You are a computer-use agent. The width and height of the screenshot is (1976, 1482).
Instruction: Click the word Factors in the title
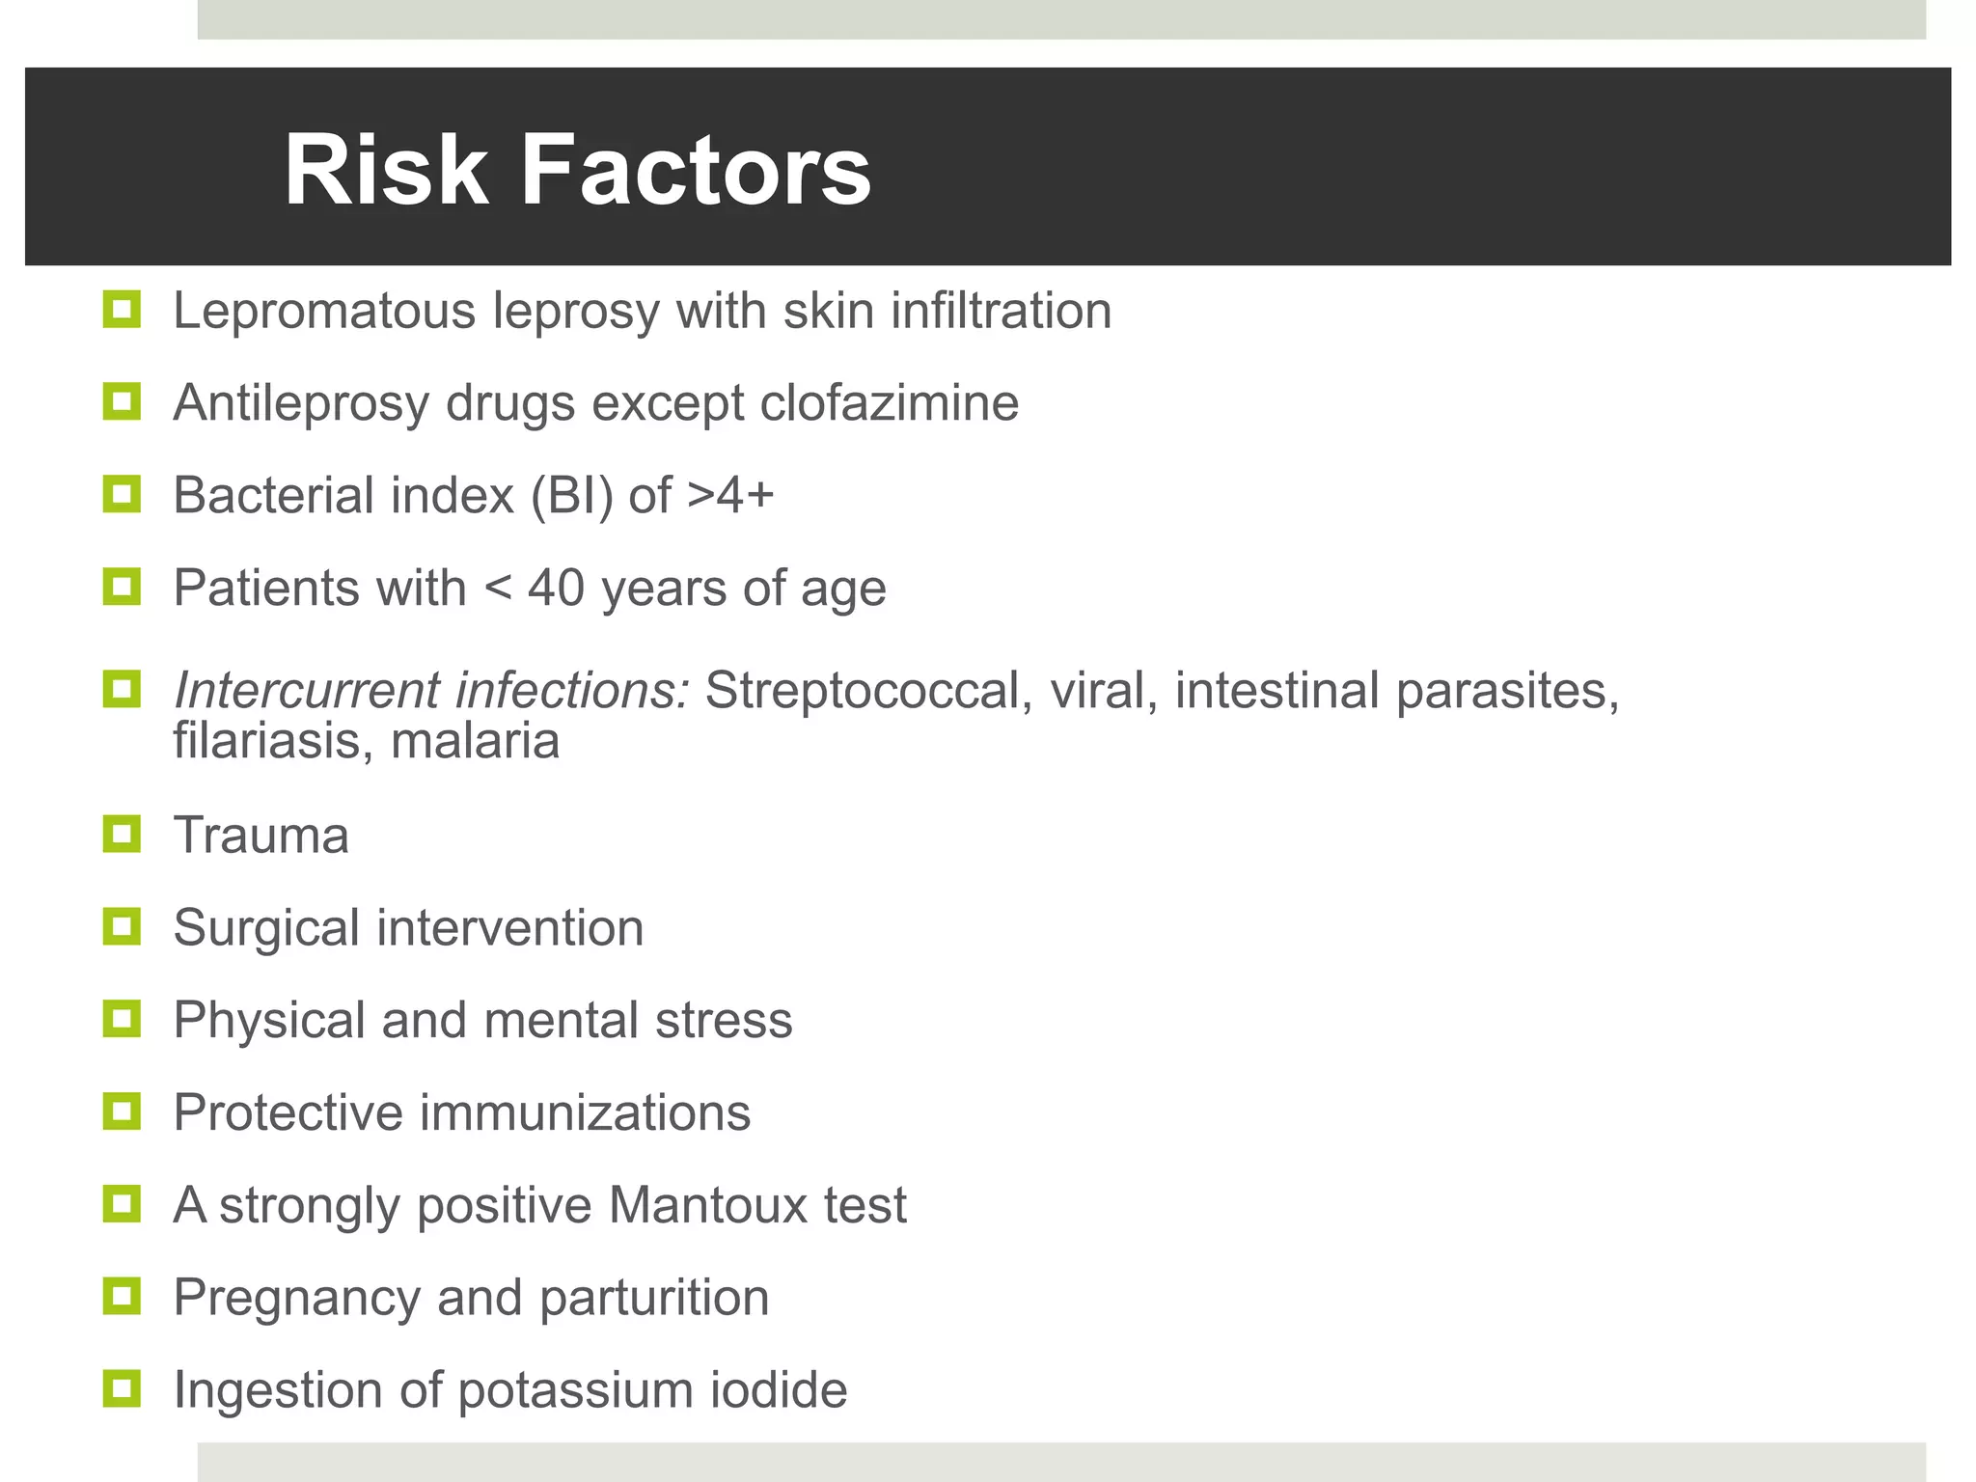(x=696, y=171)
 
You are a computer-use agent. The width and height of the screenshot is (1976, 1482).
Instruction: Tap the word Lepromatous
(x=324, y=312)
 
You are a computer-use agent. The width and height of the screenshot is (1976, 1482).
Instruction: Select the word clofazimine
(x=889, y=403)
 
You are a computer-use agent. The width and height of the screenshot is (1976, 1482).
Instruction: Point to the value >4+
(x=730, y=496)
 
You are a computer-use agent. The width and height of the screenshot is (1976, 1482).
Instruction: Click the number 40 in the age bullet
(x=556, y=588)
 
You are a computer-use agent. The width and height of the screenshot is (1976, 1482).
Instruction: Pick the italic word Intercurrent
(x=306, y=691)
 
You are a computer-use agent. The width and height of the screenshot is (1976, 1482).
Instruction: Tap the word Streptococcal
(x=862, y=691)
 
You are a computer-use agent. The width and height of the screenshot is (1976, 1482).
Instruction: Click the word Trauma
(x=261, y=836)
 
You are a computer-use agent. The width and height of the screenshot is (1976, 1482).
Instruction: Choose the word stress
(x=724, y=1021)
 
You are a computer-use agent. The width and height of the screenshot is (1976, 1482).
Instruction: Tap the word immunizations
(x=585, y=1112)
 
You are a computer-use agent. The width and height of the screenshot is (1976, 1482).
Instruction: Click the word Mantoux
(x=707, y=1205)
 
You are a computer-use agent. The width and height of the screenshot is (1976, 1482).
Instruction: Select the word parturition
(x=654, y=1298)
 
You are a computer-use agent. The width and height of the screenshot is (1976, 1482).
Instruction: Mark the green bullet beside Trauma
(x=122, y=834)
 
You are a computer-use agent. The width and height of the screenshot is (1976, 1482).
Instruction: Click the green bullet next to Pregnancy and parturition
(x=122, y=1296)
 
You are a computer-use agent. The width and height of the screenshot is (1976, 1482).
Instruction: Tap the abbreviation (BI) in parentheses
(x=571, y=496)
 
